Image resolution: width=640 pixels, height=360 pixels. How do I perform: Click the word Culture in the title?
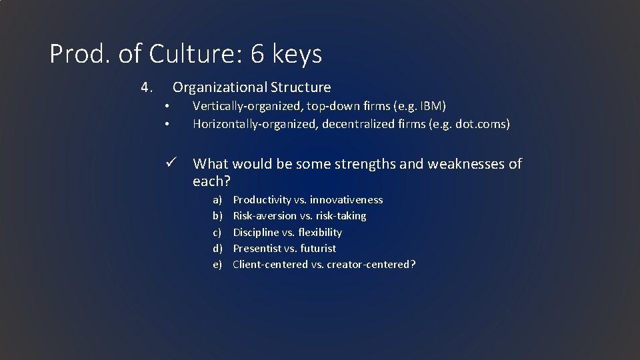[197, 54]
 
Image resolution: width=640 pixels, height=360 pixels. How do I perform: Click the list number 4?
[147, 87]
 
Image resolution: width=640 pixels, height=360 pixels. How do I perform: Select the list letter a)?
[217, 200]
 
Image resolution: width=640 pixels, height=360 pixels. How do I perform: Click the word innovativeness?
[347, 200]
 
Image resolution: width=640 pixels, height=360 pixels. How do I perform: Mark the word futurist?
[319, 248]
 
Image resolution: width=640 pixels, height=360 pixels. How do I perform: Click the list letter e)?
[217, 265]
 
